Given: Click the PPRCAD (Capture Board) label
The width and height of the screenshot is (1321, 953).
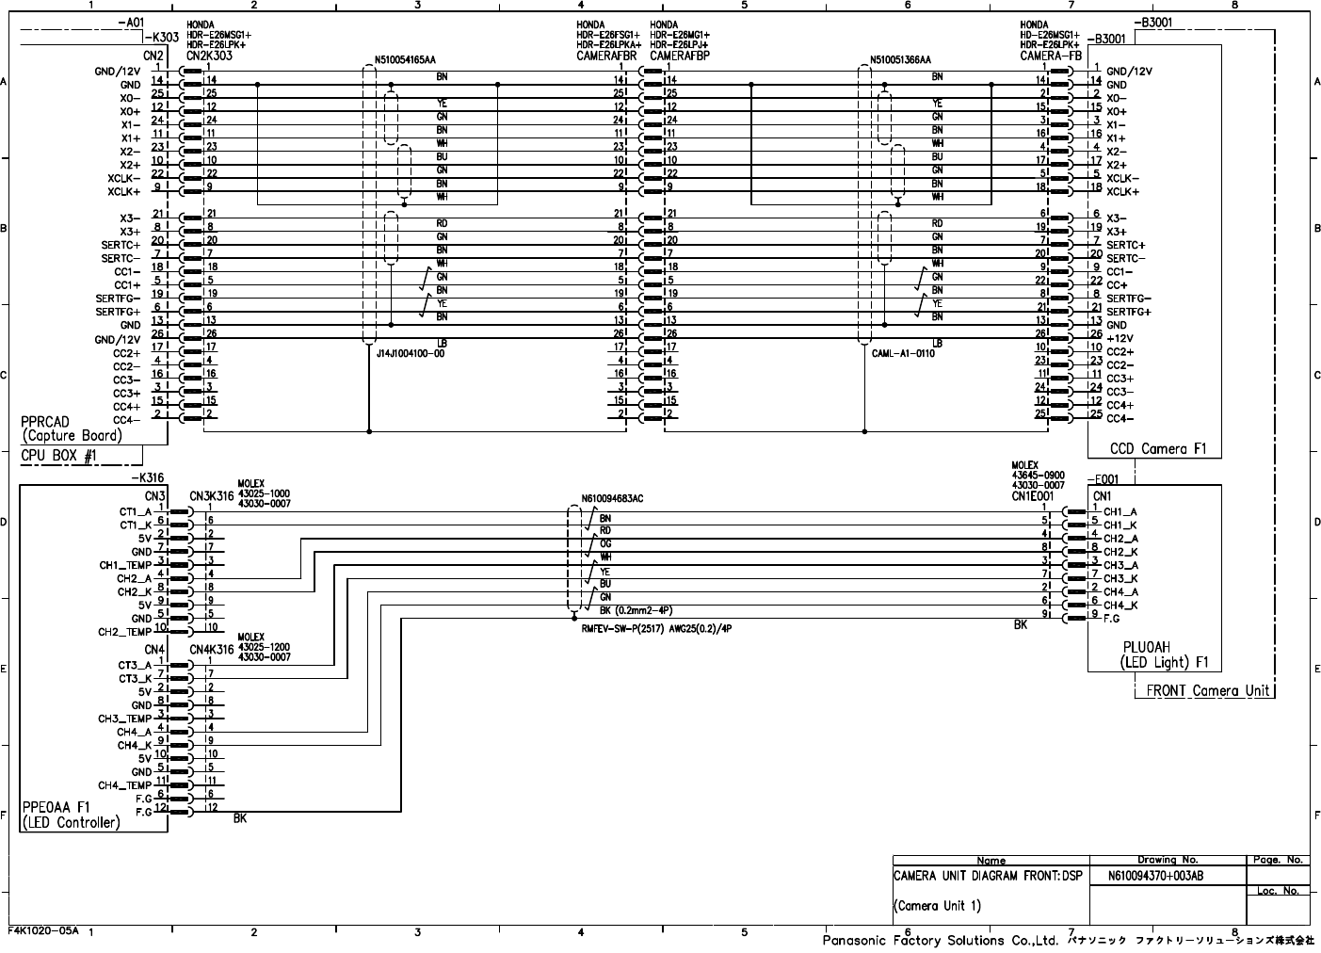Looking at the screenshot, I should (x=72, y=428).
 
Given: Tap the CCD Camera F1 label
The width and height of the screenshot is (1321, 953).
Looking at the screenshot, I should (x=1158, y=448).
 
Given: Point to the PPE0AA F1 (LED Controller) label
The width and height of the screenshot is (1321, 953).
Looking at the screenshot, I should (x=72, y=815).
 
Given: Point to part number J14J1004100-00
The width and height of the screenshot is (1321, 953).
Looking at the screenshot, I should (x=410, y=353).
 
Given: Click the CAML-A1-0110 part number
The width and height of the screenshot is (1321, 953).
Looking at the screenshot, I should (x=903, y=353).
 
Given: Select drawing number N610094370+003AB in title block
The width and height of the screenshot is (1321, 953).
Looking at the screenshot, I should (x=1155, y=876).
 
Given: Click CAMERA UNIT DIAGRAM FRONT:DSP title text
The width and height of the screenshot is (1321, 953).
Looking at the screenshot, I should (x=988, y=876).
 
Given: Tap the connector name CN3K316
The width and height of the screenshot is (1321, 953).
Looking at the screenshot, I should (x=211, y=495).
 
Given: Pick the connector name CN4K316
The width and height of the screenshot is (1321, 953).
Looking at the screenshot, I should (x=211, y=649).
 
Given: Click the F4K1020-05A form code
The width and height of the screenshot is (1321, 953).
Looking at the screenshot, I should (x=44, y=929).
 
